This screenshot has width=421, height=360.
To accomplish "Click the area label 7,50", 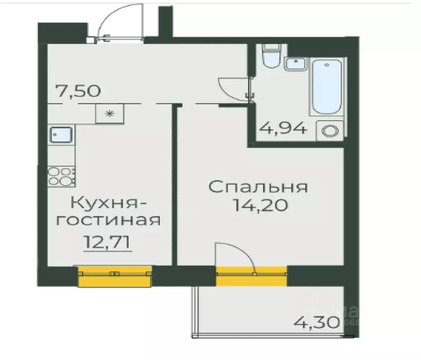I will [x=78, y=90].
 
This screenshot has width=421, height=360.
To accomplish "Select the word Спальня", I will [x=258, y=187].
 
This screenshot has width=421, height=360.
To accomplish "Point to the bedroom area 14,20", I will [x=258, y=205].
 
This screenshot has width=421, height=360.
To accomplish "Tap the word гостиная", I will [x=108, y=220].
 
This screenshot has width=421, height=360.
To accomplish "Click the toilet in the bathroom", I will [x=271, y=57].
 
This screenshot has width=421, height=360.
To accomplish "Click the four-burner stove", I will [x=61, y=176].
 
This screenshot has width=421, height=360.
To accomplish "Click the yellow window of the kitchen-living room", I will [x=115, y=276].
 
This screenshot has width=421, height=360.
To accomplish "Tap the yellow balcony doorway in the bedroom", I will [x=251, y=276].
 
